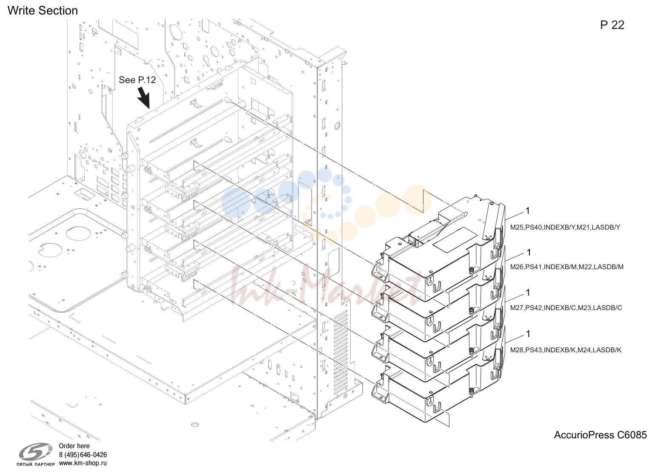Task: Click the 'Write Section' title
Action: pyautogui.click(x=43, y=11)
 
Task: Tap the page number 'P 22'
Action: pyautogui.click(x=612, y=25)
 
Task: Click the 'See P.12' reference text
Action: pyautogui.click(x=137, y=80)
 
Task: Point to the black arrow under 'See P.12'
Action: pyautogui.click(x=143, y=98)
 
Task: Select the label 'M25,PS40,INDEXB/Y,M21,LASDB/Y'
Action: pyautogui.click(x=565, y=227)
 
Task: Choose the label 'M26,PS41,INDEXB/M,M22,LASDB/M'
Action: pyautogui.click(x=567, y=267)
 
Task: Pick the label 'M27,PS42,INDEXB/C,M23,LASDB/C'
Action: pyautogui.click(x=566, y=308)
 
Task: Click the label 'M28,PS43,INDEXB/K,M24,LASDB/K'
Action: pyautogui.click(x=566, y=350)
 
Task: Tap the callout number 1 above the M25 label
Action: pyautogui.click(x=528, y=211)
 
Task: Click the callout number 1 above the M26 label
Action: pyautogui.click(x=529, y=252)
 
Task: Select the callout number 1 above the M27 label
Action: pyautogui.click(x=528, y=292)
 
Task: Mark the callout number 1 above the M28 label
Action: pyautogui.click(x=528, y=334)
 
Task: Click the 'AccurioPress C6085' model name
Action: pyautogui.click(x=601, y=435)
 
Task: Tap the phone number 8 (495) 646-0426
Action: pyautogui.click(x=83, y=455)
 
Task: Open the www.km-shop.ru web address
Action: pyautogui.click(x=83, y=463)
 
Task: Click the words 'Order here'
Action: pyautogui.click(x=74, y=446)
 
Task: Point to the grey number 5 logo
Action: pyautogui.click(x=36, y=452)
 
